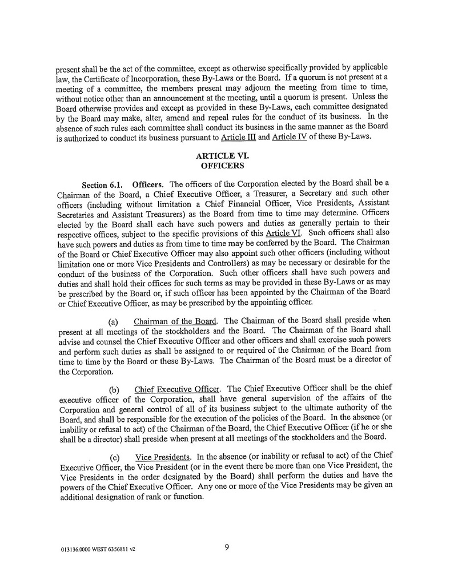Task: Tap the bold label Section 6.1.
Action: (x=103, y=186)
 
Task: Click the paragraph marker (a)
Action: (x=114, y=321)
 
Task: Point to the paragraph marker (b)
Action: (x=114, y=390)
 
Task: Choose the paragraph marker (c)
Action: (x=114, y=458)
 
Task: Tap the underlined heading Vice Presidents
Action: (x=162, y=458)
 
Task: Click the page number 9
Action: (x=227, y=548)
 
